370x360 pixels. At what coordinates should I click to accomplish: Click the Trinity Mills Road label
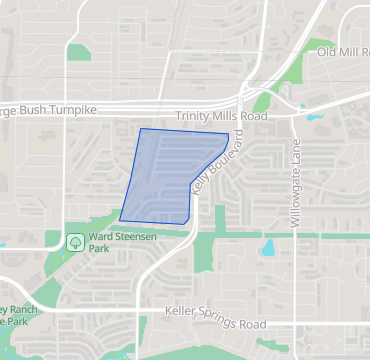[x=221, y=117]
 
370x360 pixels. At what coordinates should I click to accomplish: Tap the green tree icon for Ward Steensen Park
[x=75, y=241]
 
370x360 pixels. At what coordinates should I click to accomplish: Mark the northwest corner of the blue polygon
[x=141, y=129]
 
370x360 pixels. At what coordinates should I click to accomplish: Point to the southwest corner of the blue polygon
[x=120, y=219]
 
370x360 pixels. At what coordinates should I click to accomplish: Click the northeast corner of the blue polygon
[x=229, y=134]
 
